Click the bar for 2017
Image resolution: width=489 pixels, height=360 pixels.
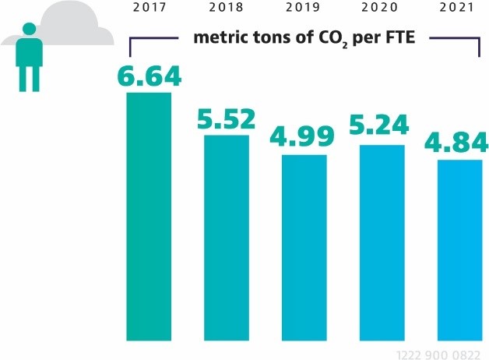pyautogui.click(x=148, y=216)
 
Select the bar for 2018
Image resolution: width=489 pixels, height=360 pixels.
pyautogui.click(x=226, y=238)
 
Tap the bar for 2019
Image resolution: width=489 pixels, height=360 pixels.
pyautogui.click(x=304, y=247)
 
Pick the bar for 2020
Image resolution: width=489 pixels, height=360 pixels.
pyautogui.click(x=382, y=242)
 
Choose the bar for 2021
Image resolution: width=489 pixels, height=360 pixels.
pyautogui.click(x=459, y=249)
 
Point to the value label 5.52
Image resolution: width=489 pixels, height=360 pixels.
pyautogui.click(x=226, y=119)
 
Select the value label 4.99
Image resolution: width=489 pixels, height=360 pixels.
pyautogui.click(x=304, y=139)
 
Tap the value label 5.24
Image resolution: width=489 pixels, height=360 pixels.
pyautogui.click(x=382, y=129)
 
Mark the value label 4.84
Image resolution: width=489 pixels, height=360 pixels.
pyautogui.click(x=458, y=143)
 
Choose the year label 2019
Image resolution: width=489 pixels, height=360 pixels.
pyautogui.click(x=304, y=9)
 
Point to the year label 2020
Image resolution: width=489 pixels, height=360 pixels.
pyautogui.click(x=382, y=9)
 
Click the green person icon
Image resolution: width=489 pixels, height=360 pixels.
pyautogui.click(x=29, y=56)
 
